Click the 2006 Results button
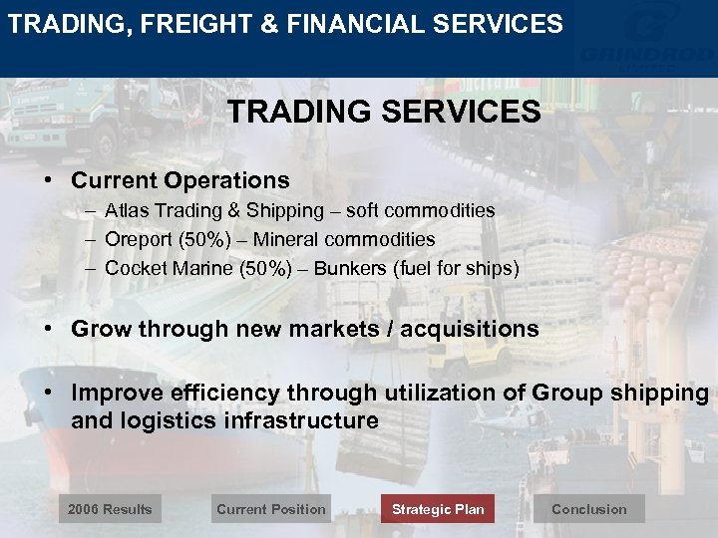point(110,509)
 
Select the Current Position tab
point(270,509)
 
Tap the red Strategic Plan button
point(438,509)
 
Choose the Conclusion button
point(589,509)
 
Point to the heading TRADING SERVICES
point(384,112)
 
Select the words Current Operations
point(180,180)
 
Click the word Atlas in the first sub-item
point(125,210)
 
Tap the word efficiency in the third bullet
point(211,393)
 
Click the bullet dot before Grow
point(48,329)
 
